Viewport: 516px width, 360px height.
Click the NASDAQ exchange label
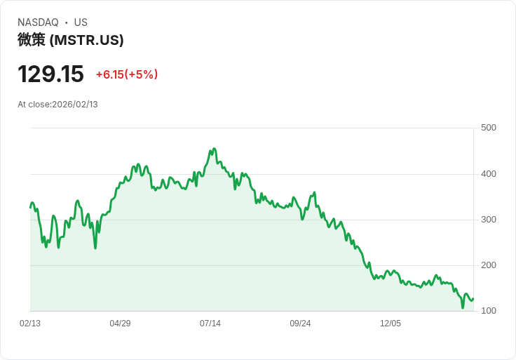(x=38, y=22)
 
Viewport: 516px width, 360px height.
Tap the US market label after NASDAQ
(x=81, y=22)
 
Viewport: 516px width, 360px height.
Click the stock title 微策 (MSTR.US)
(x=71, y=40)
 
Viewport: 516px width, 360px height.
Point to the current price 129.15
(x=50, y=74)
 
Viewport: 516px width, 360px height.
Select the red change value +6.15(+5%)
(x=127, y=74)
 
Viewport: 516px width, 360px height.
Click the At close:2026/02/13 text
(x=57, y=105)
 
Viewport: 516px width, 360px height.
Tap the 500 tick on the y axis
(x=489, y=128)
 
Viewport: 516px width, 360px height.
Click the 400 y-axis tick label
(x=489, y=174)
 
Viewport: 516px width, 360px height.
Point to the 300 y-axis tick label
(x=489, y=220)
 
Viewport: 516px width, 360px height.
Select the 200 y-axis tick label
(x=489, y=265)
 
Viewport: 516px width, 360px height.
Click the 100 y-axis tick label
(x=489, y=311)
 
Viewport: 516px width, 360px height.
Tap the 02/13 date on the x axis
(x=30, y=324)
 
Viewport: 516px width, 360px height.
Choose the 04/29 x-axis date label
(x=120, y=324)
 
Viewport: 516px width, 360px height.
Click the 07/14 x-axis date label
(x=210, y=324)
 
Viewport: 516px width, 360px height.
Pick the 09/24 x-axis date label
(x=300, y=324)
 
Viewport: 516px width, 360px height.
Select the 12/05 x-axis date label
(x=391, y=324)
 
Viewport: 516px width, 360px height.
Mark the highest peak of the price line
(x=214, y=149)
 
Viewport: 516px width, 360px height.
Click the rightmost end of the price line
(x=473, y=298)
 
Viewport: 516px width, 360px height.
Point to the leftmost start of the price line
(x=30, y=208)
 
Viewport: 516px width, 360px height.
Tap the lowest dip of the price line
(x=463, y=307)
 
